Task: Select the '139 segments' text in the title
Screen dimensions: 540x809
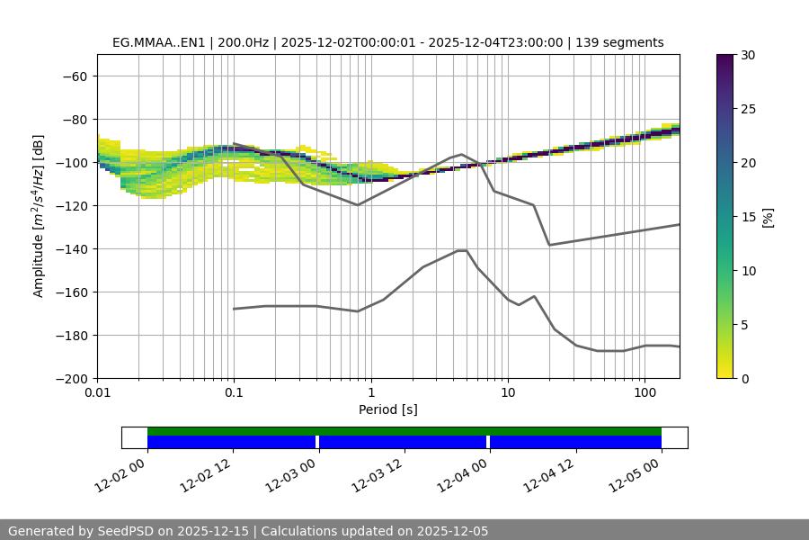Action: click(619, 42)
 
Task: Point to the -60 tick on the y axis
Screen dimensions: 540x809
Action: click(73, 76)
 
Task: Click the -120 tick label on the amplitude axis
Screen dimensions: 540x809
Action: click(69, 205)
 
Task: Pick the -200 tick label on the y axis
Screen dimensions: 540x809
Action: click(69, 378)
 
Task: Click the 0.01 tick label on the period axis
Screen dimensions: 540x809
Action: click(97, 393)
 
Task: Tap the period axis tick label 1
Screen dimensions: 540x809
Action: click(370, 393)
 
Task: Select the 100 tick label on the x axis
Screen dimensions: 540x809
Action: click(645, 393)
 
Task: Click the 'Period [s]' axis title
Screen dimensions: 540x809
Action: click(388, 410)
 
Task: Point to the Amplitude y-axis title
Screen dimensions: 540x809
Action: click(39, 216)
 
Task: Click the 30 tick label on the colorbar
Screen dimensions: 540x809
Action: click(747, 55)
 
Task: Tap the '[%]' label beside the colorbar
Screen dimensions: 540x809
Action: click(768, 217)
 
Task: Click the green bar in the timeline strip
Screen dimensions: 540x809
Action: click(404, 431)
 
